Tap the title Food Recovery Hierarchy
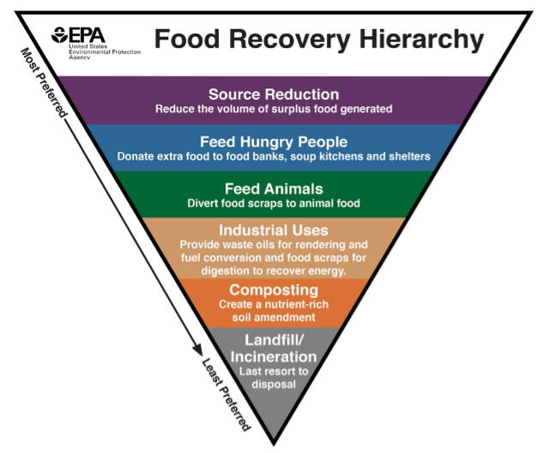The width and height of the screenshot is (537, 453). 318,39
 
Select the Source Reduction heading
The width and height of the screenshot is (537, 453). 274,94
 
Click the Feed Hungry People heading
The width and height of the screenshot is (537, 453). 274,142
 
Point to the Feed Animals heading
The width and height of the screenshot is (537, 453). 274,189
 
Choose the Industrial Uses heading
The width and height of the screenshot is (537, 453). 274,230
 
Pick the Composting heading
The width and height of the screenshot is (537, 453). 274,290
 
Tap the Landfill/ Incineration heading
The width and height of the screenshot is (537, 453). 274,347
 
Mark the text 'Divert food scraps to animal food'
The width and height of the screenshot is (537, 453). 274,203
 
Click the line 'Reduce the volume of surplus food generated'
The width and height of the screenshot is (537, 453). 274,109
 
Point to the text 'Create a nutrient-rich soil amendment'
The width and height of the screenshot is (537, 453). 274,311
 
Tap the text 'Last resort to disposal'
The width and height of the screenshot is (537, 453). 274,377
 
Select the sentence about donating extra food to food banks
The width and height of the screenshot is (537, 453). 274,156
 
